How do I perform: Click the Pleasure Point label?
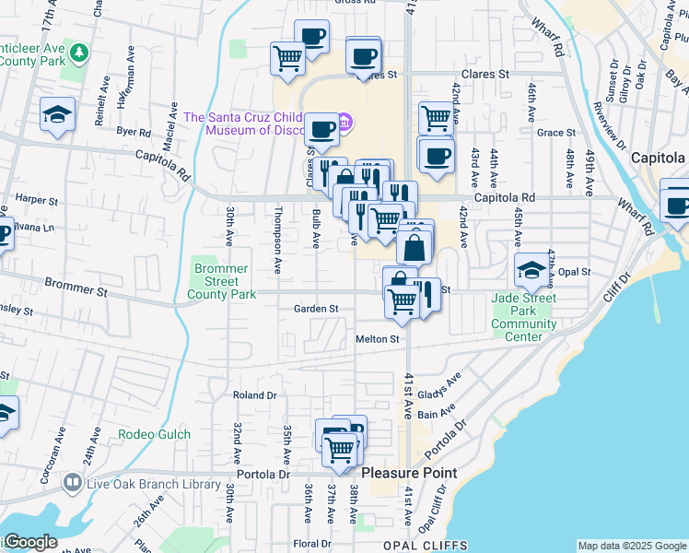pyautogui.click(x=408, y=473)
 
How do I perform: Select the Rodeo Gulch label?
pyautogui.click(x=155, y=435)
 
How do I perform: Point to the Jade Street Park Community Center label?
pyautogui.click(x=523, y=317)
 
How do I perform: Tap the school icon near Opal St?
pyautogui.click(x=531, y=268)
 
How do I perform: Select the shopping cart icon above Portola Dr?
pyautogui.click(x=340, y=450)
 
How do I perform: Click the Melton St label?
pyautogui.click(x=378, y=339)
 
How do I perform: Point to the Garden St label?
pyautogui.click(x=316, y=309)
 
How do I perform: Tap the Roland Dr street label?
pyautogui.click(x=254, y=395)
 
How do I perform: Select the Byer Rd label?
pyautogui.click(x=134, y=132)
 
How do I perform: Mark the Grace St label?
pyautogui.click(x=555, y=133)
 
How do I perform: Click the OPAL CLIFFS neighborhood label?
pyautogui.click(x=426, y=546)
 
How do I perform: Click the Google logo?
pyautogui.click(x=29, y=542)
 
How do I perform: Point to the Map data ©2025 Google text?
pyautogui.click(x=631, y=546)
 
